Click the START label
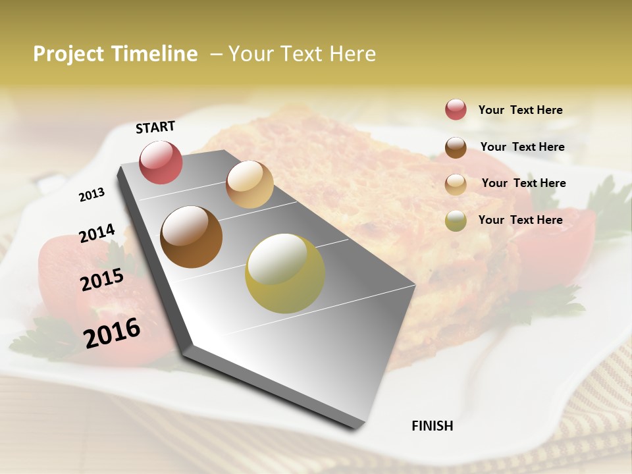(x=155, y=127)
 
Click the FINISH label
(x=432, y=426)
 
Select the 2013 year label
(x=92, y=194)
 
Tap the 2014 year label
(x=97, y=233)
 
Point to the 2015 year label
(x=102, y=280)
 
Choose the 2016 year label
(x=112, y=333)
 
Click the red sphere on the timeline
(x=161, y=162)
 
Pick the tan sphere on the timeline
(x=250, y=184)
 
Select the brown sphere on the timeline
(x=192, y=237)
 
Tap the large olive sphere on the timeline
(x=285, y=273)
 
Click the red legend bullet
(x=456, y=110)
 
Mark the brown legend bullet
(x=456, y=147)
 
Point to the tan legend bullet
(x=456, y=184)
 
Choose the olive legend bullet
(x=456, y=221)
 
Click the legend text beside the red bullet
(x=520, y=110)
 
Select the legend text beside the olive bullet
(x=520, y=220)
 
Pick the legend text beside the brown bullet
(x=522, y=147)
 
